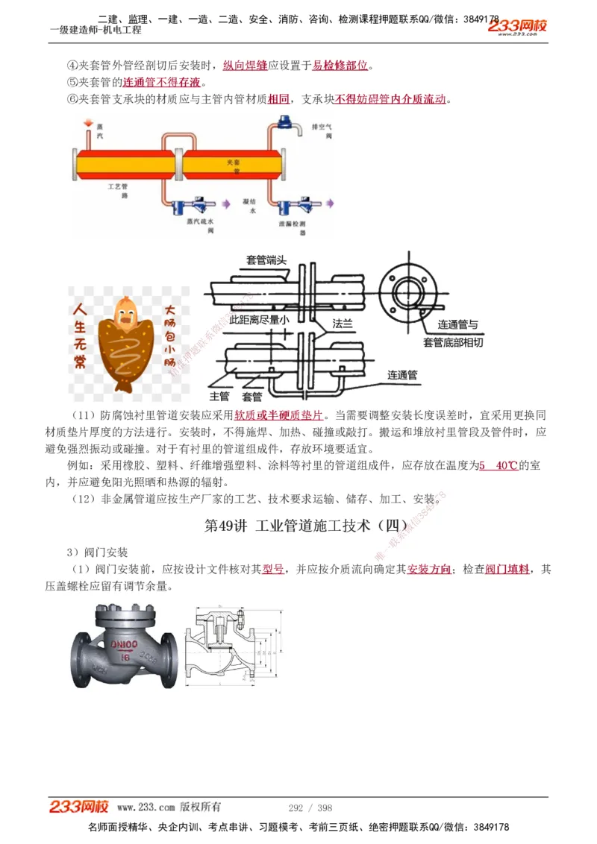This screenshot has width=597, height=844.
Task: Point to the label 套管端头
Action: (272, 259)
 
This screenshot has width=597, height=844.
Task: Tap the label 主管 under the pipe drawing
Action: (220, 396)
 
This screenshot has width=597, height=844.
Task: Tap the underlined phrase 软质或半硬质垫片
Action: (278, 415)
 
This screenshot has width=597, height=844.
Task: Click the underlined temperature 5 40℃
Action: (498, 465)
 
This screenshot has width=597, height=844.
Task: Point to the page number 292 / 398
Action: (310, 807)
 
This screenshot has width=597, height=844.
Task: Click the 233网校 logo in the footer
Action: (79, 807)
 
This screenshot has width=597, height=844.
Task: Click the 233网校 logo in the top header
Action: (517, 27)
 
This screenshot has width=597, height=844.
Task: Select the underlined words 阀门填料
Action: (507, 569)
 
